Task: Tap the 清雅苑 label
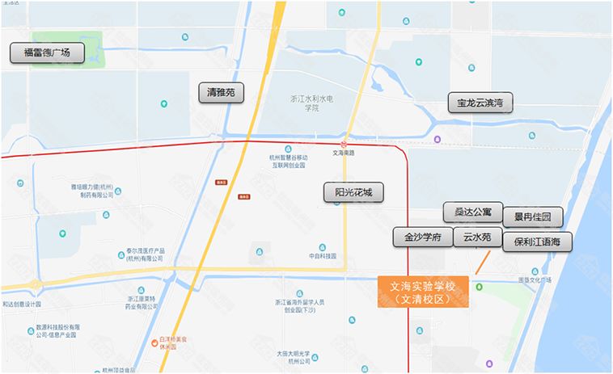pos(221,93)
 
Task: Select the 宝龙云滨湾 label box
pos(480,103)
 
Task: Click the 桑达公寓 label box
pos(473,212)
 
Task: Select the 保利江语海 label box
pos(537,241)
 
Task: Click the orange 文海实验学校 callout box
pos(424,292)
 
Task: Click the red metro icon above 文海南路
pos(344,144)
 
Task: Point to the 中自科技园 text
pos(321,257)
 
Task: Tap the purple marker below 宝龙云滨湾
pos(438,139)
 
